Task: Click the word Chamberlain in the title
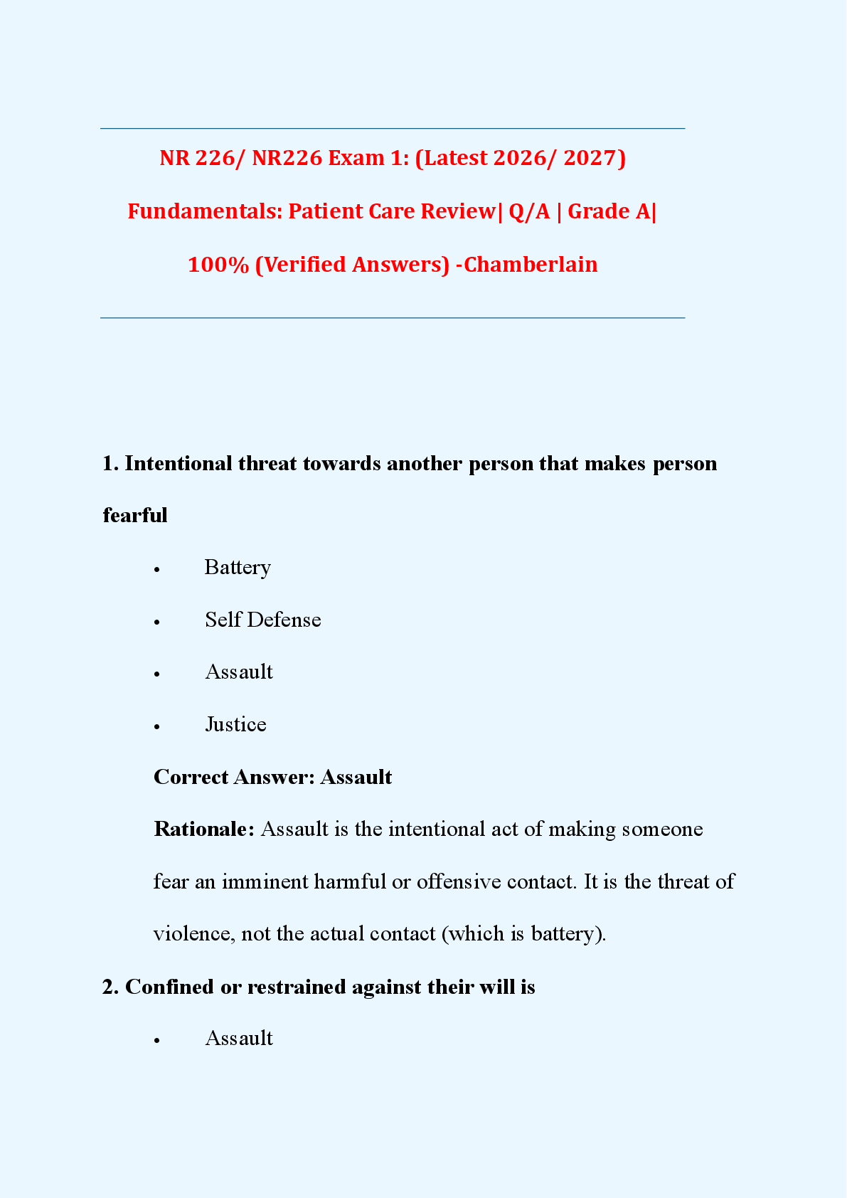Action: tap(531, 265)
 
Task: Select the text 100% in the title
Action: tap(218, 265)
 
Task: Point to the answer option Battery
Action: tap(238, 568)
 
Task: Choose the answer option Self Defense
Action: tap(262, 620)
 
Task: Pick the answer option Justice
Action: tap(235, 724)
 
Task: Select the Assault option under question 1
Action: tap(239, 672)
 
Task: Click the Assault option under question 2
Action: tap(239, 1039)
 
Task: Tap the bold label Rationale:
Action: tap(203, 829)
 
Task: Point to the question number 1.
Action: tap(110, 464)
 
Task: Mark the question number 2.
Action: tap(110, 987)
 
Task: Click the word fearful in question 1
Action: tap(135, 515)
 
